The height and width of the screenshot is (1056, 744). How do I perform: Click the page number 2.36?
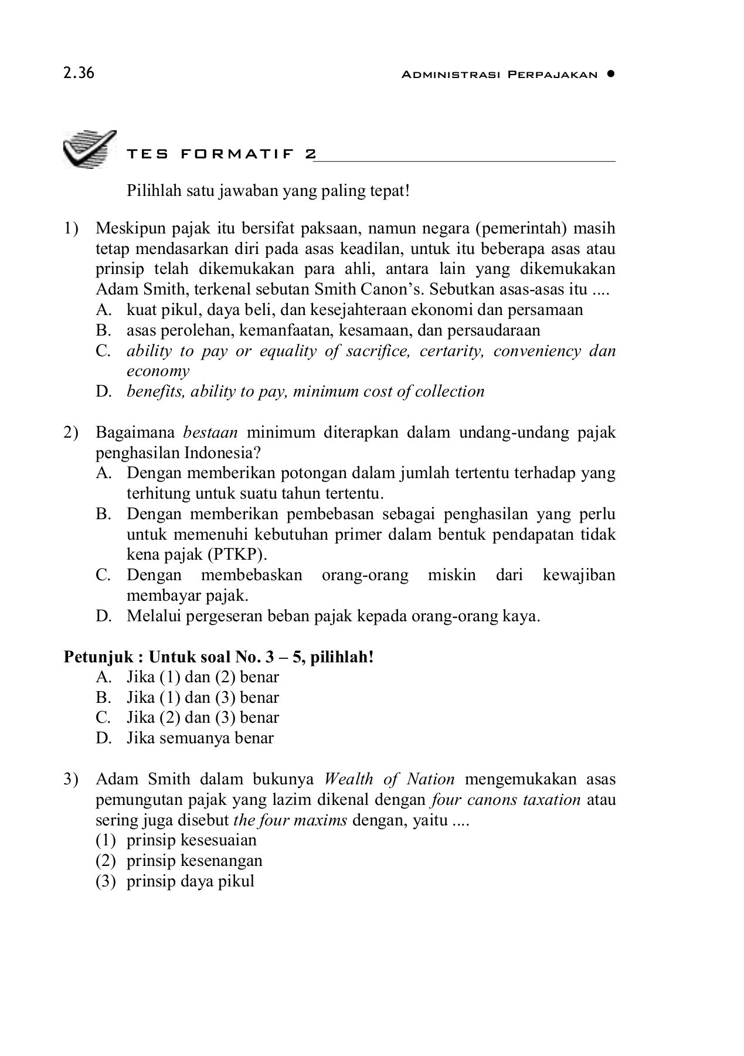(79, 74)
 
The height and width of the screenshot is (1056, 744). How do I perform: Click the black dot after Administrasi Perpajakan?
(611, 74)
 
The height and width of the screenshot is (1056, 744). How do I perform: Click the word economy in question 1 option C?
(158, 371)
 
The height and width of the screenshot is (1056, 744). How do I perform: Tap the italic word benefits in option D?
(154, 391)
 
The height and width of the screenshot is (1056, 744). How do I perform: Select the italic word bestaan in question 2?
(210, 433)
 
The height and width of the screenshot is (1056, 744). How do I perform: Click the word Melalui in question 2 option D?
(152, 616)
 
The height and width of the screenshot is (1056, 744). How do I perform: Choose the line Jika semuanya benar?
(200, 737)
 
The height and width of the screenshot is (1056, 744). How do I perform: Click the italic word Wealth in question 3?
(348, 779)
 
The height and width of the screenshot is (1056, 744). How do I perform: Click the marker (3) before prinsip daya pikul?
(106, 881)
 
